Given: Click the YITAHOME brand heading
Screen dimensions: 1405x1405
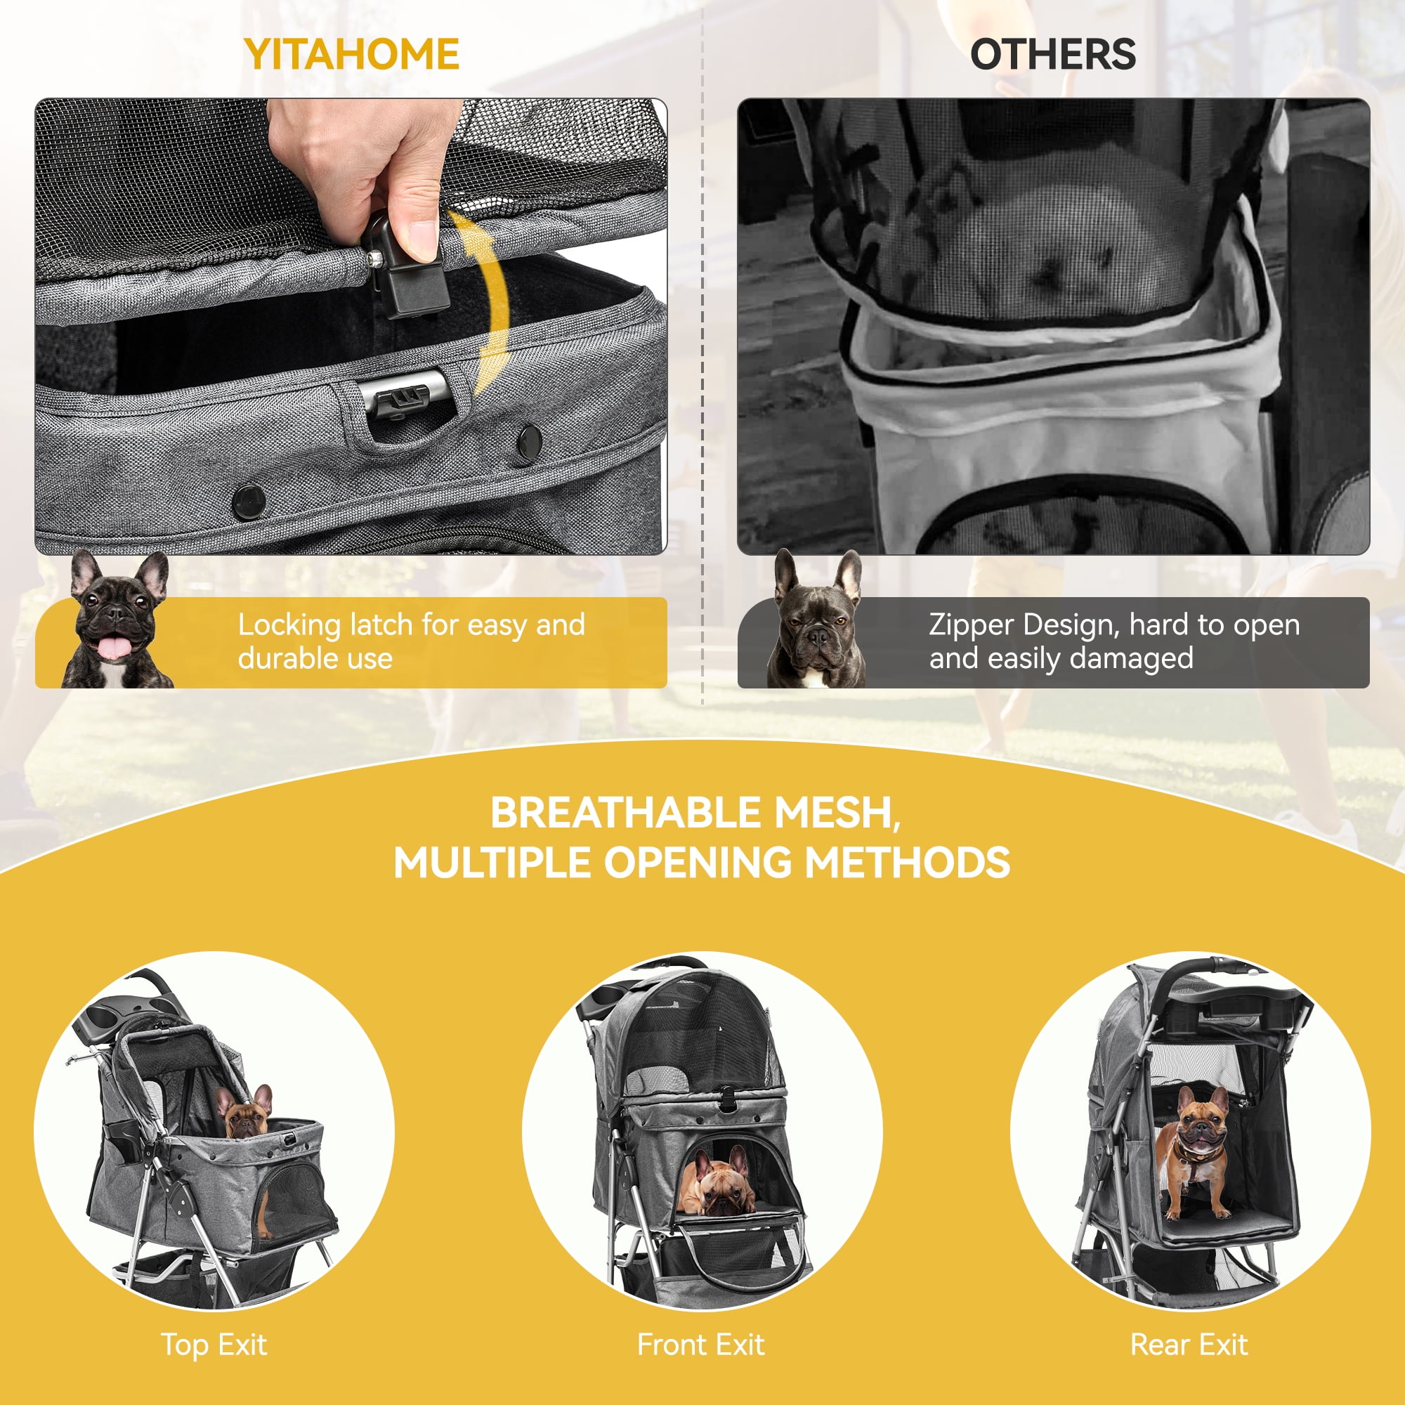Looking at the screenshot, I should click(x=351, y=55).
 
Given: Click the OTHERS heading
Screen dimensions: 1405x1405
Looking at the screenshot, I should click(x=1052, y=55).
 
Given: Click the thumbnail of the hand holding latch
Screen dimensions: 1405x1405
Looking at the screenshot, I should click(x=351, y=326).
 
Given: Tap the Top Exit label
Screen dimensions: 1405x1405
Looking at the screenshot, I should click(x=214, y=1345).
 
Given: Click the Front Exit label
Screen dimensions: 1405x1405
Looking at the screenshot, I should click(x=700, y=1345).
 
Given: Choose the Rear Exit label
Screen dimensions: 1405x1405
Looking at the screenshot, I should click(x=1189, y=1345).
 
